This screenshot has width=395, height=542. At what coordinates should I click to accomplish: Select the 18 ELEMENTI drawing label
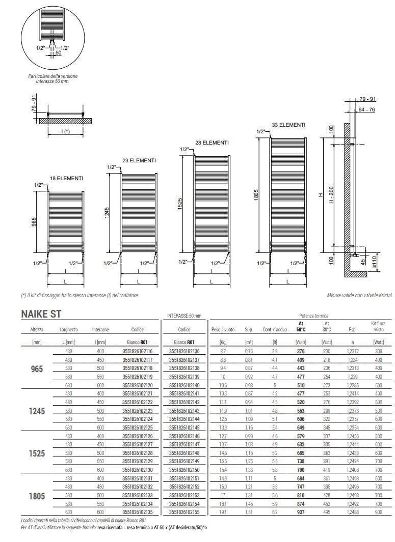point(66,178)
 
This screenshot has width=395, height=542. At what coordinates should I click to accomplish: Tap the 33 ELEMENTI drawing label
point(288,125)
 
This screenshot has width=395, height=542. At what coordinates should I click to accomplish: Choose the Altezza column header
point(37,329)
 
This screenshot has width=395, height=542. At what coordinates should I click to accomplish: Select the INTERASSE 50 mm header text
point(185,316)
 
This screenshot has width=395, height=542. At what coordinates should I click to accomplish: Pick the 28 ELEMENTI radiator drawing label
point(212,142)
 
